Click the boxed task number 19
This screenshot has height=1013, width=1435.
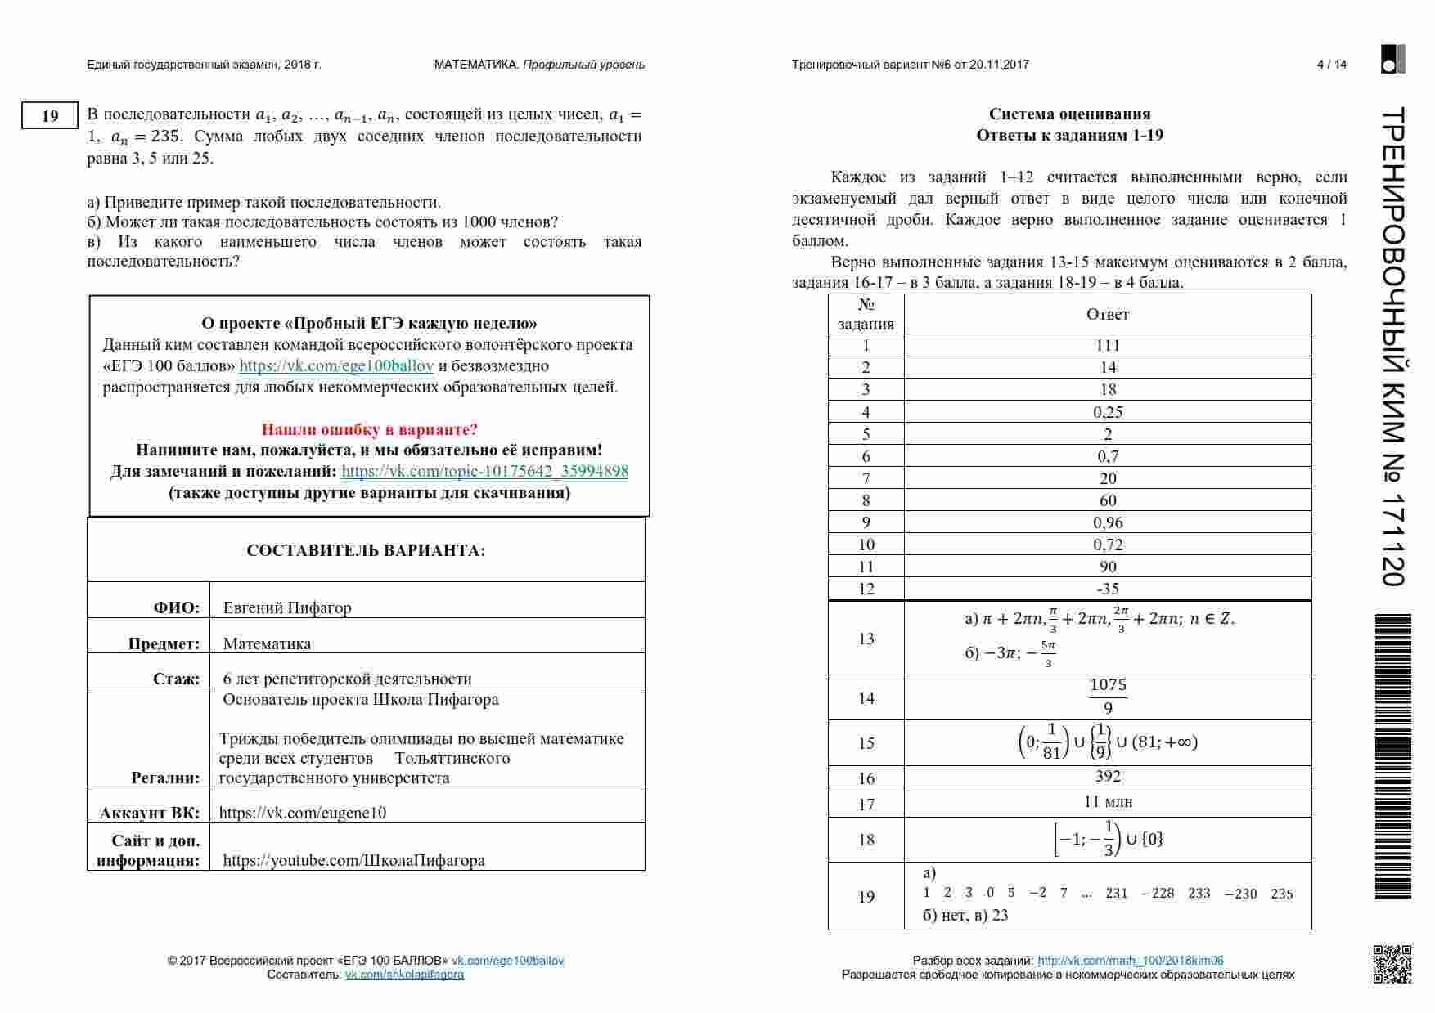click(50, 116)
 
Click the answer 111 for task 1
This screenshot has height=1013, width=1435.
click(1108, 345)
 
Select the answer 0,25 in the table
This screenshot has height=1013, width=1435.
click(1108, 412)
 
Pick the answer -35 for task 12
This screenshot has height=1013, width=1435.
click(1108, 589)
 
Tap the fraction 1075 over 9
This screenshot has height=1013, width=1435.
click(1108, 697)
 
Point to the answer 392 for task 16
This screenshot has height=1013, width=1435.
click(1108, 776)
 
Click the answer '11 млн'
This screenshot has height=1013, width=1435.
click(1108, 802)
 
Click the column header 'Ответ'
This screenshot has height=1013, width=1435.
click(1108, 315)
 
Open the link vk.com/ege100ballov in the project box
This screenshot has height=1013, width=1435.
click(336, 366)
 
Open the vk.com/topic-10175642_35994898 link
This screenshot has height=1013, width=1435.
click(485, 471)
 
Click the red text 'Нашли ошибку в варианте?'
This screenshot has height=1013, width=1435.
click(369, 429)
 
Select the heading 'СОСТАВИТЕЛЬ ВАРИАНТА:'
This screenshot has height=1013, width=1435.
click(366, 551)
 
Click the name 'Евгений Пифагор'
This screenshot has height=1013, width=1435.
click(287, 607)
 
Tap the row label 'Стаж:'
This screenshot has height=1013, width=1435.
click(176, 679)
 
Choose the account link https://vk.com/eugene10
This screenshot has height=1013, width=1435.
click(303, 813)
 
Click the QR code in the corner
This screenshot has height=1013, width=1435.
click(1392, 964)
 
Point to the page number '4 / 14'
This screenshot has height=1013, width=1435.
click(1331, 65)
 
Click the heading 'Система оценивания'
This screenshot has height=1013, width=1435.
click(1069, 114)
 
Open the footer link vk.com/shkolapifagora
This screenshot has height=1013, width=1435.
click(404, 975)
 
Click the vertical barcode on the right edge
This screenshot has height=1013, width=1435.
click(1392, 756)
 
